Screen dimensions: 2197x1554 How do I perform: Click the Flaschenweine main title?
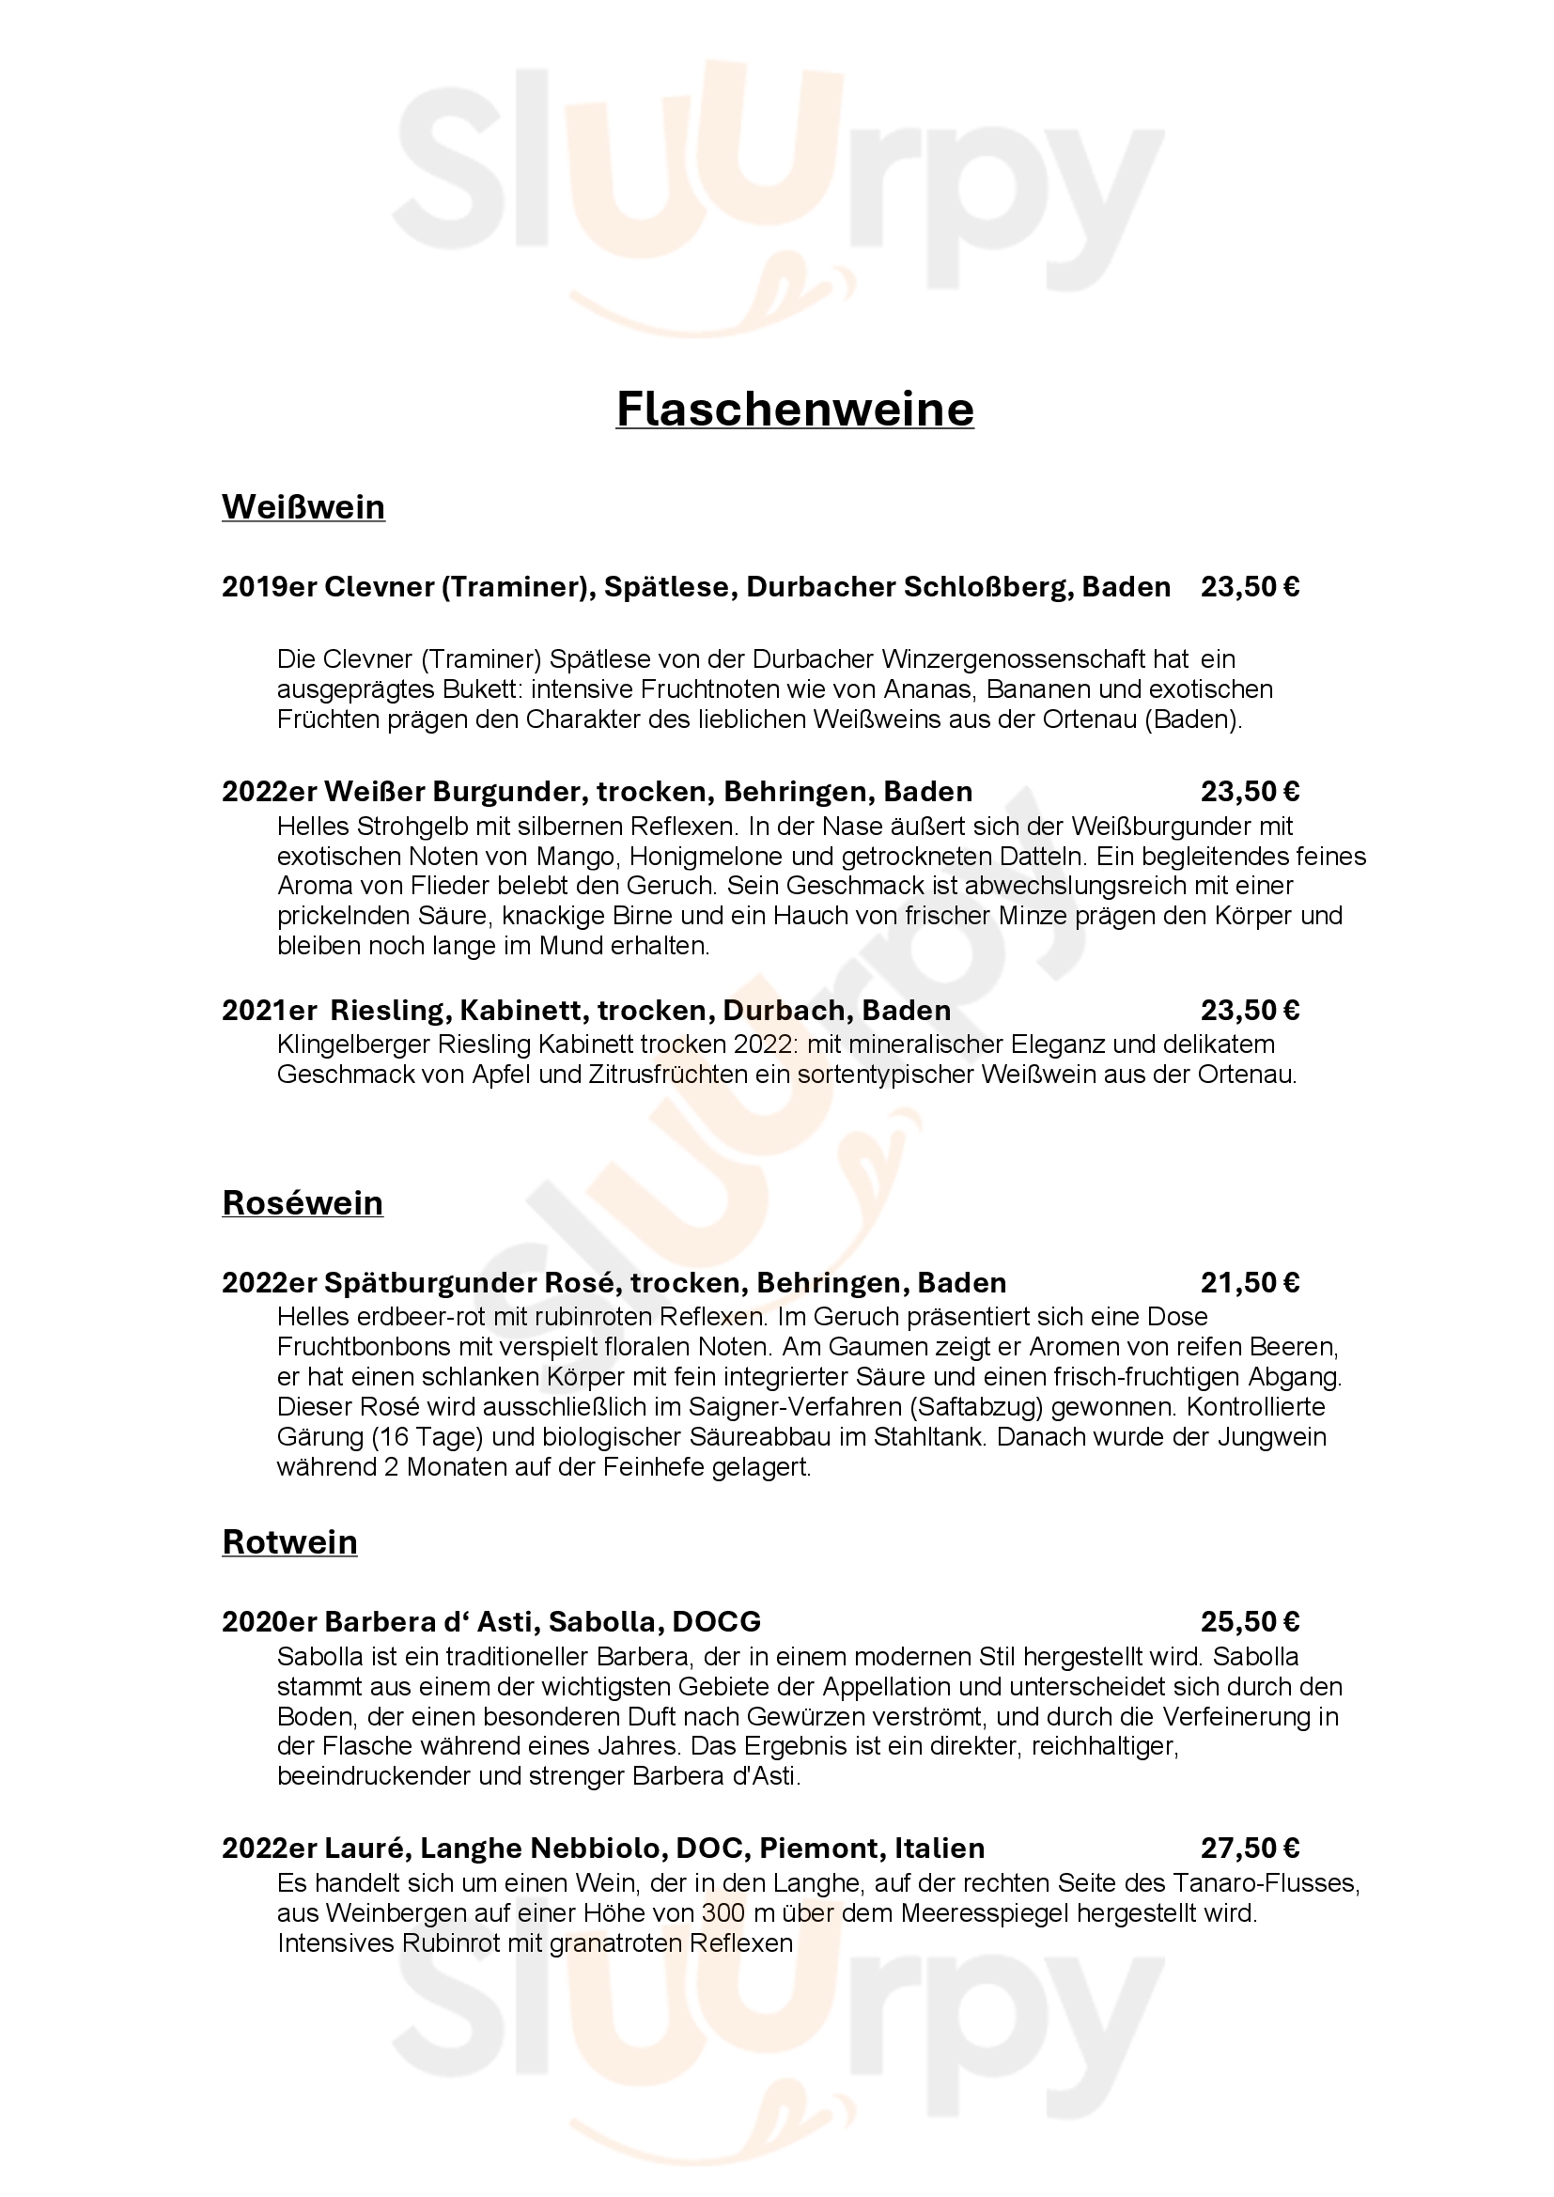794,410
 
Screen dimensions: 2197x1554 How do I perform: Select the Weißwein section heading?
303,506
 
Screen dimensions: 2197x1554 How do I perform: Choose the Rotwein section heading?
289,1541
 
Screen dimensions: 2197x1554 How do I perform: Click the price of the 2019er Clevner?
1250,586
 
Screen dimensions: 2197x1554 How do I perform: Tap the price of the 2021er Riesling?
1250,1011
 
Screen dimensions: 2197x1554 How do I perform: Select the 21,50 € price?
1250,1282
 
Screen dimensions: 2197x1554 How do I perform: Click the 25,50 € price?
1250,1621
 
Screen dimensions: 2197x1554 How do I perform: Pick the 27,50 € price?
1250,1848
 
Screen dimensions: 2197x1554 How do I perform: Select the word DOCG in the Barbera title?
717,1621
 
